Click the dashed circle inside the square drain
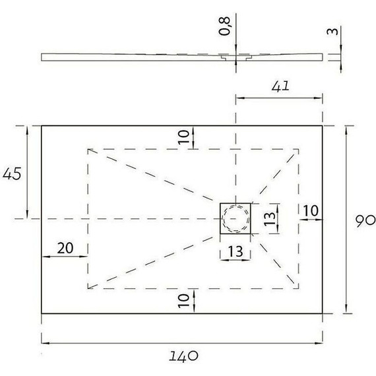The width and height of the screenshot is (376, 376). point(235,218)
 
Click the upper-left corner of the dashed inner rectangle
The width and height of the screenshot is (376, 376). point(88,149)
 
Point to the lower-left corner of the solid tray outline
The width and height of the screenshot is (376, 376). point(42,314)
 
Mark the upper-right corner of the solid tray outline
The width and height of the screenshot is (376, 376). point(323,125)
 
